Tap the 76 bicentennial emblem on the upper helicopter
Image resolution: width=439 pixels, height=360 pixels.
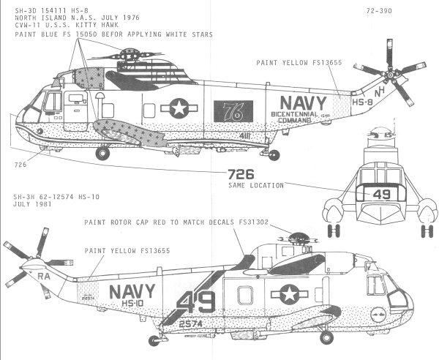pos(228,112)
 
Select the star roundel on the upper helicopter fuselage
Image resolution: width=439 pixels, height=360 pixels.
pos(177,109)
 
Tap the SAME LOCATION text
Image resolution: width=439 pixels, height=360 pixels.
pos(255,186)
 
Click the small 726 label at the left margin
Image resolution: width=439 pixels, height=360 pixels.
pos(20,165)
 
